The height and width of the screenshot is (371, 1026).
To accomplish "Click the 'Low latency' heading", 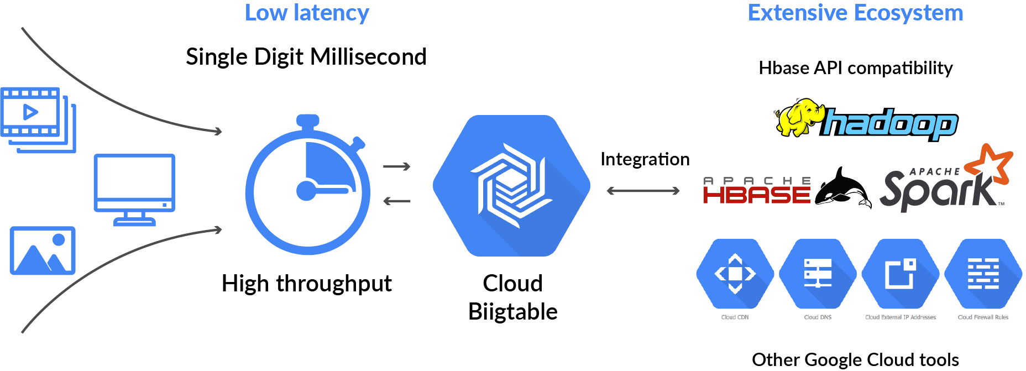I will [307, 13].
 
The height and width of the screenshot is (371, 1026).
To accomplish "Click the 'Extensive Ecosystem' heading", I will [855, 13].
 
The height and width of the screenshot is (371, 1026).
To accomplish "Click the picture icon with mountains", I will [43, 250].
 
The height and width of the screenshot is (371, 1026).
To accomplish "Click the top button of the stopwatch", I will [308, 121].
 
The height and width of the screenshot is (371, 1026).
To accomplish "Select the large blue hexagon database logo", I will [511, 186].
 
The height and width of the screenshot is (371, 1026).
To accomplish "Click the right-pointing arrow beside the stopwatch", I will [397, 166].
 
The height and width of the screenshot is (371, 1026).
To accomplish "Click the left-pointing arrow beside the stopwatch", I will [397, 201].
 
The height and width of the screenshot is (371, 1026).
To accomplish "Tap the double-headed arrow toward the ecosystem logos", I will [643, 191].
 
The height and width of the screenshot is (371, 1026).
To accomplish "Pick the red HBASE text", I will [756, 194].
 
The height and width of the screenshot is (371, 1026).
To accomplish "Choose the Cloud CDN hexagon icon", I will [735, 274].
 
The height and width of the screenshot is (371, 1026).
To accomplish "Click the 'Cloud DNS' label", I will [818, 317].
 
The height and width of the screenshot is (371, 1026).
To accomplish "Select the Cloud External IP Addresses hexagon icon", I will [900, 274].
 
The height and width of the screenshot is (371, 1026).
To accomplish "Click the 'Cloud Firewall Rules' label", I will [983, 317].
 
